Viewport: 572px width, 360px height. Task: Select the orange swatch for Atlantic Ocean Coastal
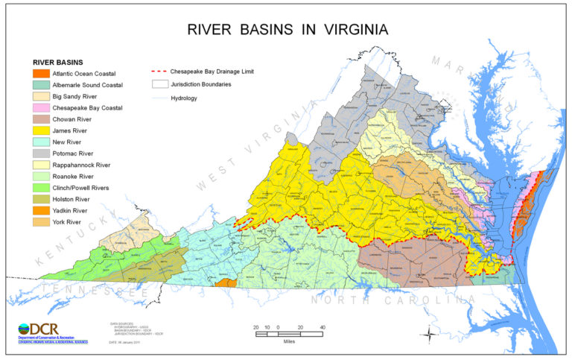click(x=40, y=74)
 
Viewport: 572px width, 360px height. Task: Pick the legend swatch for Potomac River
click(x=40, y=154)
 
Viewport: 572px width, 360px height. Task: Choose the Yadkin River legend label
click(x=72, y=210)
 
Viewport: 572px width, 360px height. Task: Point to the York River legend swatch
click(x=40, y=222)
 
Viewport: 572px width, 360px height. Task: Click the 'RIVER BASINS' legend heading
click(x=59, y=62)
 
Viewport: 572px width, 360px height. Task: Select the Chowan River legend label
click(x=74, y=119)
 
